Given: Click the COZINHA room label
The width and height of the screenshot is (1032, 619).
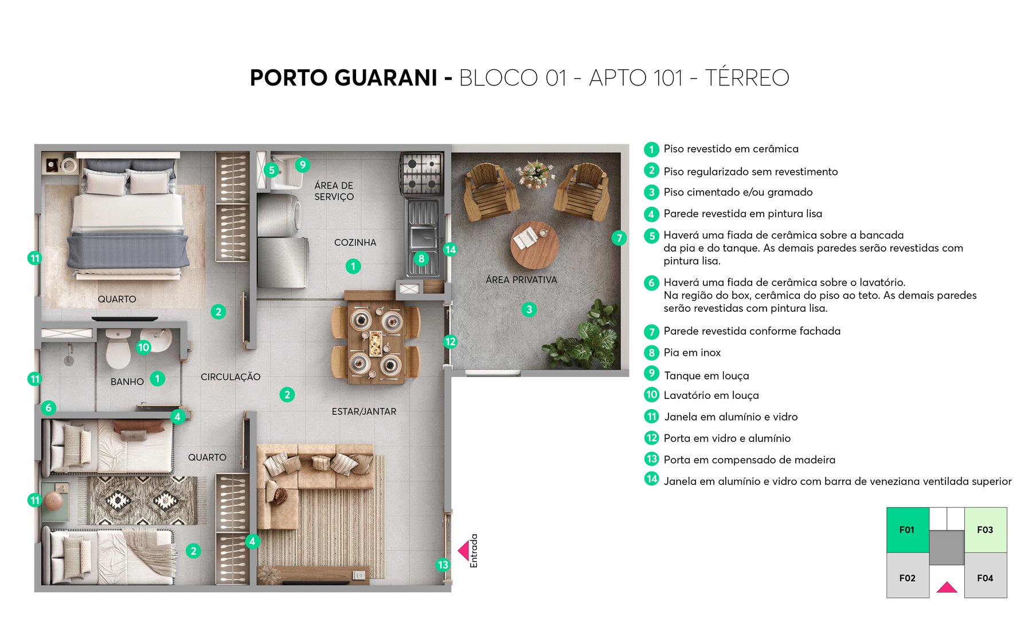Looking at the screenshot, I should pyautogui.click(x=355, y=242).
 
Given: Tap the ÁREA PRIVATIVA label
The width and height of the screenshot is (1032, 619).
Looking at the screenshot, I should pyautogui.click(x=521, y=280).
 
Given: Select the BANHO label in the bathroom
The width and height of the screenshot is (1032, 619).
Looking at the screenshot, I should pyautogui.click(x=127, y=382).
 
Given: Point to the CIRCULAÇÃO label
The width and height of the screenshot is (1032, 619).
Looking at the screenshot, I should pyautogui.click(x=230, y=377).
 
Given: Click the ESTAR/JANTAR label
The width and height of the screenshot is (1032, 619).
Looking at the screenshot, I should pyautogui.click(x=363, y=412).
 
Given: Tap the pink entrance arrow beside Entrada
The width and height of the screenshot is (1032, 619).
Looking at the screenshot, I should pyautogui.click(x=463, y=551).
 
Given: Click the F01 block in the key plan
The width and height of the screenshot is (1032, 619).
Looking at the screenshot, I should pyautogui.click(x=907, y=530).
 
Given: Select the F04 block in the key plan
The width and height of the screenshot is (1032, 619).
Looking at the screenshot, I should pyautogui.click(x=985, y=578).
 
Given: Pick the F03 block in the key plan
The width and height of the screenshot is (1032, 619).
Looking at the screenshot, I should pyautogui.click(x=985, y=530).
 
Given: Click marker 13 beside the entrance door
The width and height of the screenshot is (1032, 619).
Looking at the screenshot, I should pyautogui.click(x=443, y=565).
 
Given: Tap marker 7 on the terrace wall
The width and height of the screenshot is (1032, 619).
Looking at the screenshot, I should pyautogui.click(x=619, y=238).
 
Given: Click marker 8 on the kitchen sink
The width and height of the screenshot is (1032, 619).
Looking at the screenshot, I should pyautogui.click(x=421, y=258).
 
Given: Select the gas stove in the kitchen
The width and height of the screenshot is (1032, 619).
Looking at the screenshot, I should pyautogui.click(x=422, y=173).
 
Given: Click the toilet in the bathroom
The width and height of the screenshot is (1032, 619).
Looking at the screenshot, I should pyautogui.click(x=118, y=350).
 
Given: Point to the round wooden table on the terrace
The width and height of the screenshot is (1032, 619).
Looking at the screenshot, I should pyautogui.click(x=534, y=245).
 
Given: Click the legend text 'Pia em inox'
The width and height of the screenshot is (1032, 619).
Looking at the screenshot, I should pyautogui.click(x=692, y=352).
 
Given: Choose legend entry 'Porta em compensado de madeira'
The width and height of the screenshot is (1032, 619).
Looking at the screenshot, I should pyautogui.click(x=749, y=460).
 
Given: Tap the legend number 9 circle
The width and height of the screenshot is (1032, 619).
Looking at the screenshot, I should pyautogui.click(x=651, y=374).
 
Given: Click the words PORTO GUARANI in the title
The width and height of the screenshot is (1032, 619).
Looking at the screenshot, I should pyautogui.click(x=343, y=78).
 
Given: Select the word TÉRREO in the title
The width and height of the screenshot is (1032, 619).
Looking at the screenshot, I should pyautogui.click(x=746, y=78).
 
